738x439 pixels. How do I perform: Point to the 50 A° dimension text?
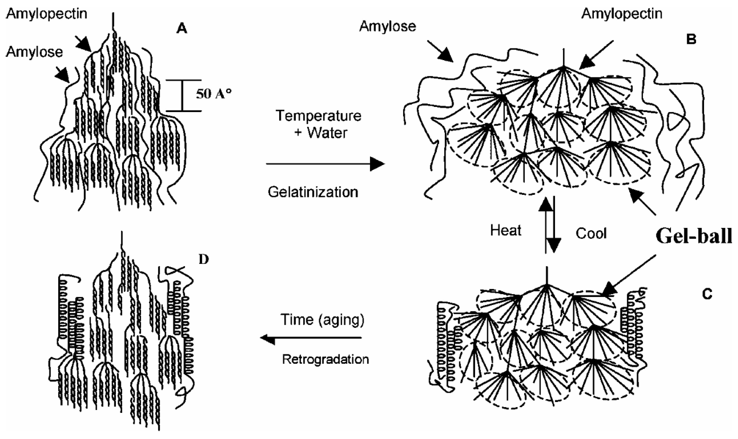213,94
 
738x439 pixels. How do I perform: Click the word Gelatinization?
313,192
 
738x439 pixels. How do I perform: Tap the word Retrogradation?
325,359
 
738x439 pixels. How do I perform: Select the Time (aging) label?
322,320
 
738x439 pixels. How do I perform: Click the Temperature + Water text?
319,124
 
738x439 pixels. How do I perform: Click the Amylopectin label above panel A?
47,14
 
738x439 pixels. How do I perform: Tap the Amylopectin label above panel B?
622,14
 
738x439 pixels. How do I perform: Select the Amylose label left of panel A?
34,52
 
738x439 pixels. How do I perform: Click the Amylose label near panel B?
388,26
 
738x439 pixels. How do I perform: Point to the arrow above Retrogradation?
311,337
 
